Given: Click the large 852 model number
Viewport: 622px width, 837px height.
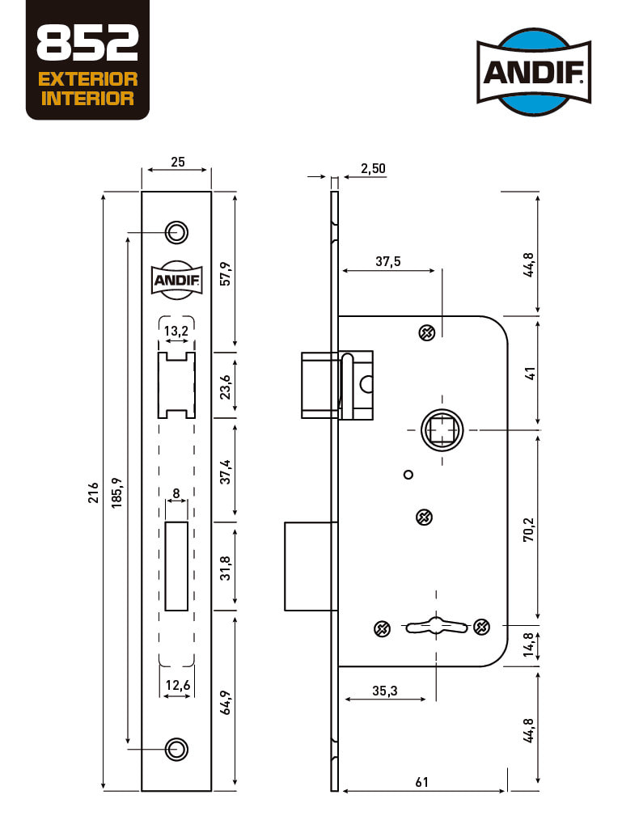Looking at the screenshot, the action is click(x=87, y=43).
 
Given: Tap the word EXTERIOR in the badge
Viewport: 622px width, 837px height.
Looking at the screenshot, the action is click(x=87, y=79).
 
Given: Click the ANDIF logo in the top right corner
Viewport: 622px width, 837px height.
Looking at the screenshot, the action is click(x=534, y=71).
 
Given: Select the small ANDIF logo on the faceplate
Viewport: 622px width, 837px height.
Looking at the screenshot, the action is click(x=176, y=281).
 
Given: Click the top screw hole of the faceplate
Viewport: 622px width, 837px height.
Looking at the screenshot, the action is click(x=176, y=232).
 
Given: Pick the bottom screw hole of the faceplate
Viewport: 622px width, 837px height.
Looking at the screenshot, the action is click(x=176, y=749).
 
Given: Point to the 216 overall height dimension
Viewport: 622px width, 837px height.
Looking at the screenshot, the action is click(x=94, y=492).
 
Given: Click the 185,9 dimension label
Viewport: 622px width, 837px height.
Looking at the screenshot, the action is click(x=116, y=492).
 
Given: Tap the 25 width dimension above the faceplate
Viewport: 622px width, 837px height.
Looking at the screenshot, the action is click(x=178, y=162).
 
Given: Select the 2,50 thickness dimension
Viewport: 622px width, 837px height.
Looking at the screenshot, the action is click(x=373, y=169).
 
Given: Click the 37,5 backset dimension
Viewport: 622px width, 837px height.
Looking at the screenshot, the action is click(x=387, y=261).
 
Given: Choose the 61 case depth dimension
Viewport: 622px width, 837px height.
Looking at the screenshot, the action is click(x=421, y=782).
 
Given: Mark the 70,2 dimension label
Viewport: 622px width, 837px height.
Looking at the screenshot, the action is click(x=528, y=530).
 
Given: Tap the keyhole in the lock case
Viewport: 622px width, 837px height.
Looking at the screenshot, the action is click(x=437, y=627).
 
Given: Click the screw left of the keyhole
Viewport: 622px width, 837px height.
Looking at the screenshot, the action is click(x=382, y=629).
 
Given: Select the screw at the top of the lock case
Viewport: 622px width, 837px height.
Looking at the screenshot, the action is click(x=426, y=332).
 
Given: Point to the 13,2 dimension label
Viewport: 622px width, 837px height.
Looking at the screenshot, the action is click(x=176, y=331).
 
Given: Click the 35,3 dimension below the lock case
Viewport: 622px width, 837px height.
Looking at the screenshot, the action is click(x=385, y=691).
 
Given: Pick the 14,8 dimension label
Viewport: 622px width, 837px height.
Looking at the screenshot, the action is click(x=528, y=645).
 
